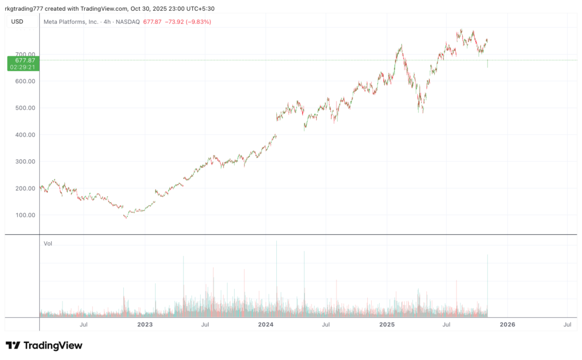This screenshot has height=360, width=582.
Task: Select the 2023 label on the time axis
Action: [145, 325]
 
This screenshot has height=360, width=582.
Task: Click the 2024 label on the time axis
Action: [265, 325]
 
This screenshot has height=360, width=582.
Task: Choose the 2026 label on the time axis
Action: [507, 325]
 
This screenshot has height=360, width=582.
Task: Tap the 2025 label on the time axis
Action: [386, 325]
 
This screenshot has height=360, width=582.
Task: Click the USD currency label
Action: [17, 22]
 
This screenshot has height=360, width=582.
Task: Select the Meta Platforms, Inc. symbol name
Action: [72, 22]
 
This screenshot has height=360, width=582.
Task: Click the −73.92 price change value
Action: [171, 22]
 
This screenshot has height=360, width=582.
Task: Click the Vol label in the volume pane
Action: [48, 243]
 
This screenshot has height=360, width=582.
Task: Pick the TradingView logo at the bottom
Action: [44, 345]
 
